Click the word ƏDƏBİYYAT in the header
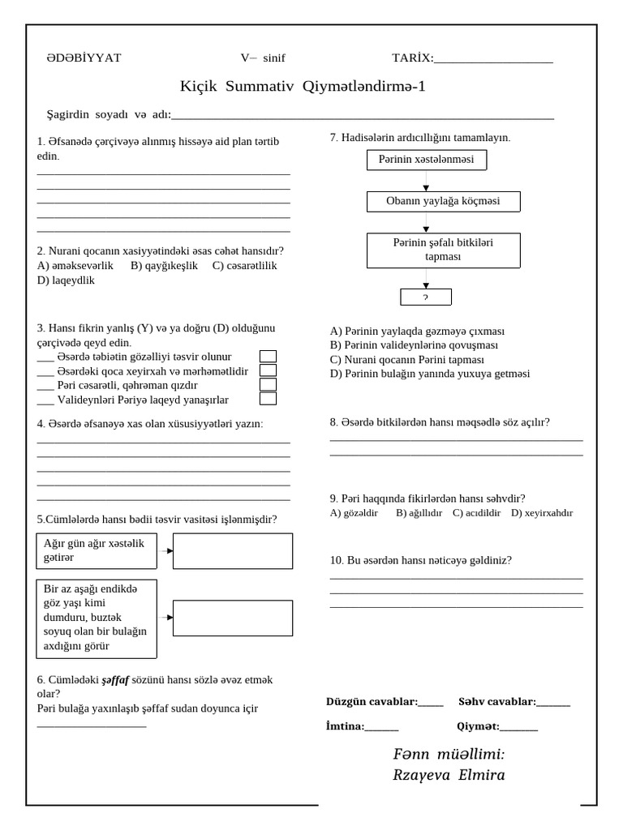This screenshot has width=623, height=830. (x=84, y=58)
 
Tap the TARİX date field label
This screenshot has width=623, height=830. (x=412, y=58)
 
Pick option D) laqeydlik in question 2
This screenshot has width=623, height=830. (x=66, y=280)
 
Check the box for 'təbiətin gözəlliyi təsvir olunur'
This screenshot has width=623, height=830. (x=268, y=357)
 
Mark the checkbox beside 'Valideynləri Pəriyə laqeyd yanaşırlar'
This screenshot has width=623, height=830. (x=268, y=399)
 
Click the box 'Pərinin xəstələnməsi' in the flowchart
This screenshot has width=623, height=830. (x=426, y=160)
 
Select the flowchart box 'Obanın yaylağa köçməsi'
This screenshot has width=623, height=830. (x=443, y=201)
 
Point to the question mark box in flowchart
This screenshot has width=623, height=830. (x=425, y=297)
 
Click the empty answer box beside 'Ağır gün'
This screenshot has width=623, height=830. (x=233, y=551)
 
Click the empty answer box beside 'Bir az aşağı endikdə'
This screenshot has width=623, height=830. (x=233, y=618)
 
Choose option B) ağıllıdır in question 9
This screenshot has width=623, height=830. (x=419, y=513)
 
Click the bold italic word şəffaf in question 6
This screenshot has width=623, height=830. (x=116, y=680)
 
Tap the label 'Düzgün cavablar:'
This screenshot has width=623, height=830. (x=372, y=701)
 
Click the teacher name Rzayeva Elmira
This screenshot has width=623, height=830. (x=449, y=775)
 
